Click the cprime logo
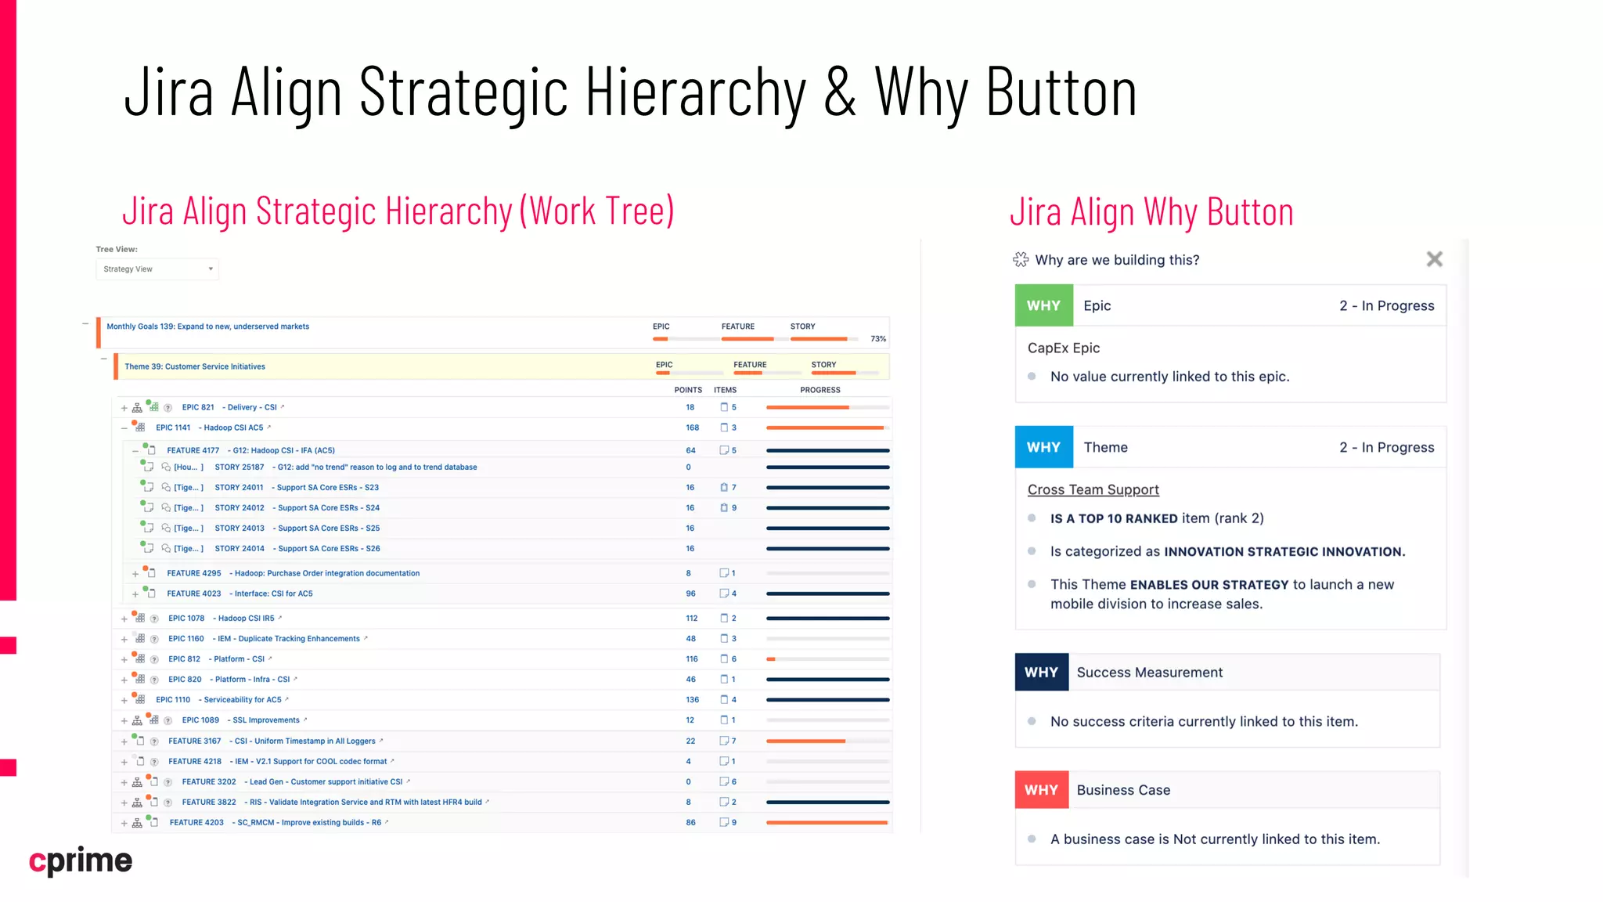click(x=81, y=861)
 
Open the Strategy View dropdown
click(x=157, y=269)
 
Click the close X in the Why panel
click(x=1434, y=259)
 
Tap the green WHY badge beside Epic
click(x=1043, y=305)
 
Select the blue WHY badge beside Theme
click(x=1043, y=447)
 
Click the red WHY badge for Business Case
click(x=1041, y=790)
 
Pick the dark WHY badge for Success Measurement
click(x=1041, y=673)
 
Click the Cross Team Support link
click(x=1093, y=489)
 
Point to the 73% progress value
click(x=878, y=339)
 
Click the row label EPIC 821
click(x=198, y=407)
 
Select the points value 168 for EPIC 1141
click(x=692, y=428)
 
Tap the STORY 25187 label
click(x=240, y=467)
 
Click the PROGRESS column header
click(x=820, y=390)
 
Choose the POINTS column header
click(x=688, y=390)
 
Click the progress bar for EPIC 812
click(x=827, y=659)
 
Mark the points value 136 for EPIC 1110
click(x=692, y=700)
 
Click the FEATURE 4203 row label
click(x=196, y=823)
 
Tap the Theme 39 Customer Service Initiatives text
click(x=195, y=366)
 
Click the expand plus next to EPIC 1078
click(x=124, y=619)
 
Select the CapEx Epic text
click(x=1063, y=348)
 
